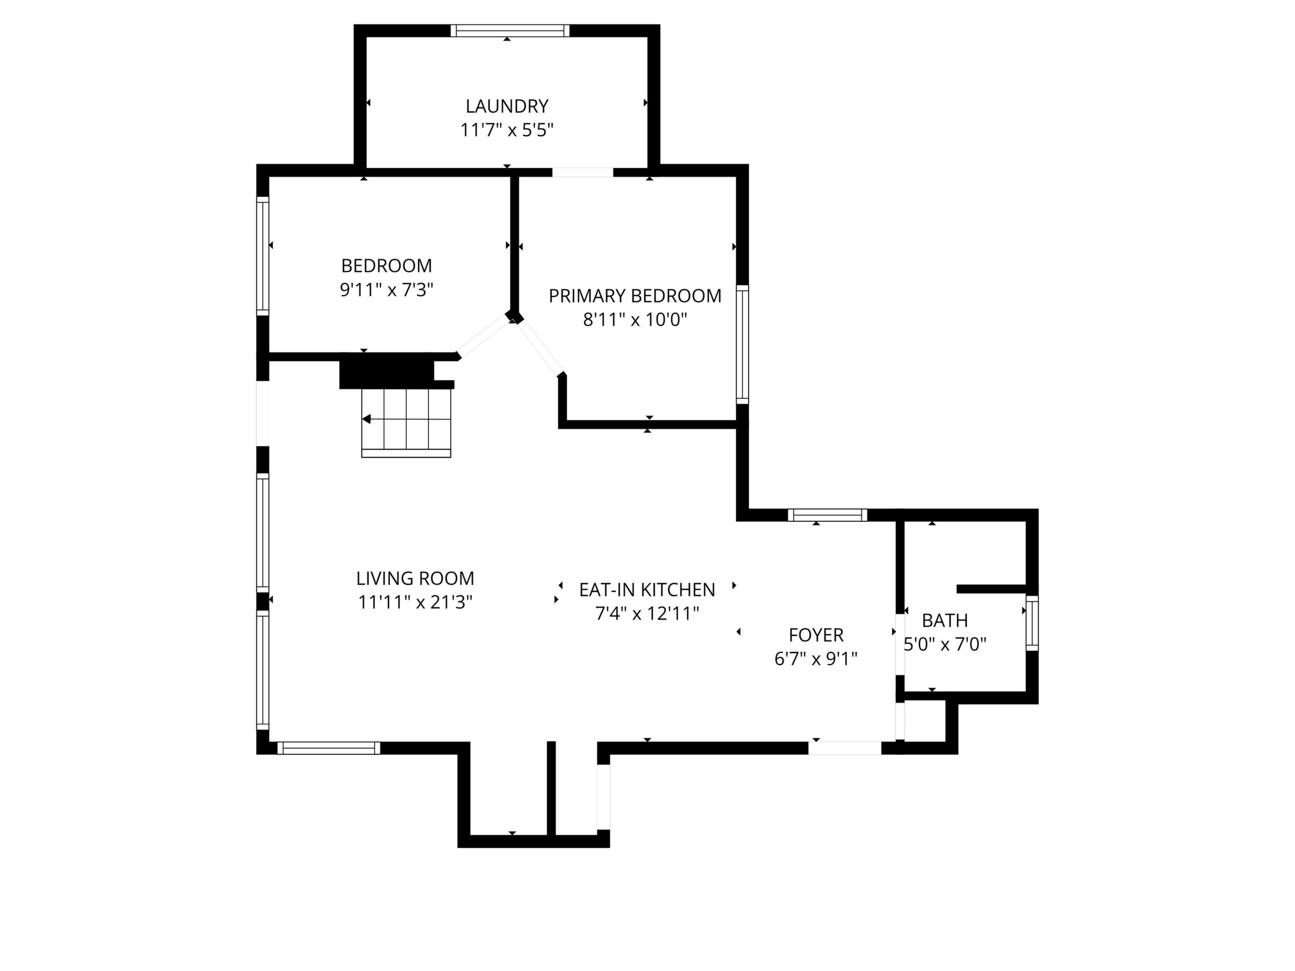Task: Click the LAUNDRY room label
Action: (507, 106)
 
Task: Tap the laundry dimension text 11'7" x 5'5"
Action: (507, 130)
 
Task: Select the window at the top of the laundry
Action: (510, 31)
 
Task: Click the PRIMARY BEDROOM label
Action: (635, 296)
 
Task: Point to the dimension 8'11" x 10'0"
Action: (635, 320)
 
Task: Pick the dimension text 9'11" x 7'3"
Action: (387, 290)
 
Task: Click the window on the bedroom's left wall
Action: (263, 256)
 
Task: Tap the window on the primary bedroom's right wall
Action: (742, 344)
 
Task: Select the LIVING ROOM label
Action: (415, 578)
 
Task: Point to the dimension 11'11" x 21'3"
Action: (415, 602)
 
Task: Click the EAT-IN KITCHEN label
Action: (647, 590)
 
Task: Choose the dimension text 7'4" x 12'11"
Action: (647, 614)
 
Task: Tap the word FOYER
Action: (816, 635)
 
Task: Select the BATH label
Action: (945, 620)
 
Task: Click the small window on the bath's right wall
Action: (1032, 623)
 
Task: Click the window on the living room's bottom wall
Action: (328, 748)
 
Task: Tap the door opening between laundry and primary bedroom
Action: (583, 172)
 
